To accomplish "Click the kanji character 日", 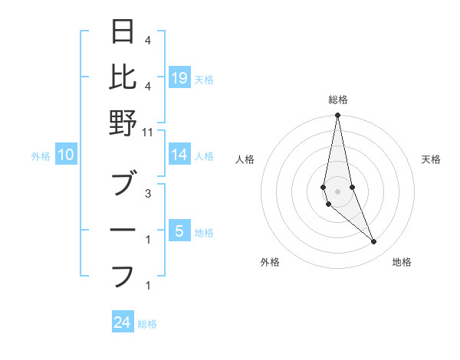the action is tap(123, 32).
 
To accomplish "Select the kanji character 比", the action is tap(123, 77).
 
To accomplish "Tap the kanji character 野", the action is tap(123, 123).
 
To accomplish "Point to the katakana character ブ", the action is tap(123, 185).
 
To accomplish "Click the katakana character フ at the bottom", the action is tap(123, 275).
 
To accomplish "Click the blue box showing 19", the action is tap(179, 78).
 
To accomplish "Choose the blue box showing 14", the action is tap(179, 155).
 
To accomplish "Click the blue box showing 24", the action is tap(123, 323).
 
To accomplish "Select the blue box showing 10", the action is tap(66, 155).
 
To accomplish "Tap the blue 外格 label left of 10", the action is tap(41, 156).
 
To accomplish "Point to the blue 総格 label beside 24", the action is tap(147, 324).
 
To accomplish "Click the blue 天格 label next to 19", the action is tap(204, 79).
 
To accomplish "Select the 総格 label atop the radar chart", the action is tap(337, 100).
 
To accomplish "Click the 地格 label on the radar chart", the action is tap(402, 262).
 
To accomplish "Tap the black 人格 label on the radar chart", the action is tap(245, 159).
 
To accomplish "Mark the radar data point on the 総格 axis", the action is tap(337, 116).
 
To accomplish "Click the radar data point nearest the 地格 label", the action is tap(374, 242).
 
